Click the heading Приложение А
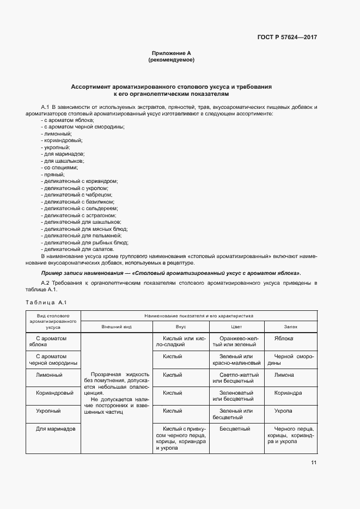click(171, 53)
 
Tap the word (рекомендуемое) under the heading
click(171, 60)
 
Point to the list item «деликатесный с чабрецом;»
click(77, 194)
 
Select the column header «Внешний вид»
click(117, 327)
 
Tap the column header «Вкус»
click(181, 327)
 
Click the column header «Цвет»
click(237, 327)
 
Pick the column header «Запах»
click(290, 327)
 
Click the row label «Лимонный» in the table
click(49, 375)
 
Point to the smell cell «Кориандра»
click(288, 393)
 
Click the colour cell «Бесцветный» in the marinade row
click(235, 428)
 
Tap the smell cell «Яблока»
click(284, 339)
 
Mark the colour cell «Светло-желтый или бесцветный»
click(237, 378)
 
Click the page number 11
click(314, 463)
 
